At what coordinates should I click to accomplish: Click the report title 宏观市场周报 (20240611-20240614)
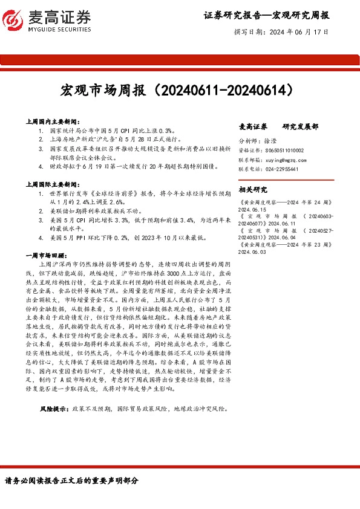pos(180,91)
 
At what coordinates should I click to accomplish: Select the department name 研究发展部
pos(300,127)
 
